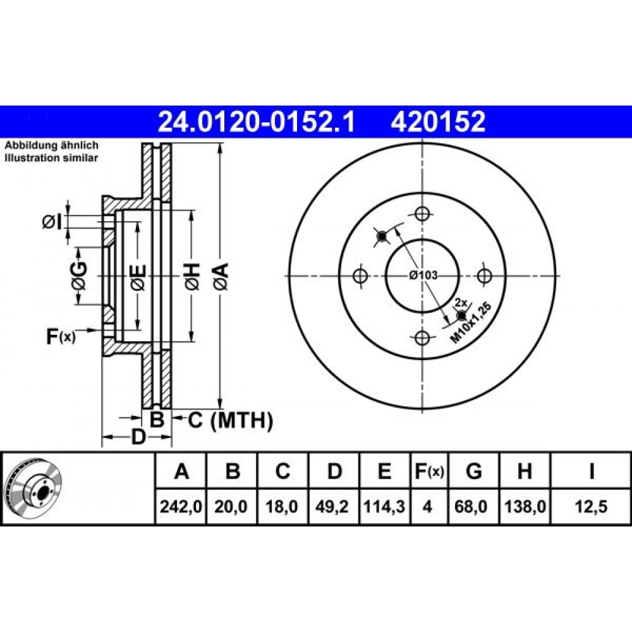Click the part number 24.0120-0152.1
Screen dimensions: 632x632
click(x=257, y=122)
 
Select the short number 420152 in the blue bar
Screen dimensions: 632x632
click(x=438, y=122)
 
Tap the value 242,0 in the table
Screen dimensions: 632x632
click(x=181, y=506)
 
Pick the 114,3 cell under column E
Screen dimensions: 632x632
click(x=384, y=506)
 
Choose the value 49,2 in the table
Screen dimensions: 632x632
click(x=332, y=506)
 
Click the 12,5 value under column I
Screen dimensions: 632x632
click(x=591, y=506)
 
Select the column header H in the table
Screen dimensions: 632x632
click(x=525, y=471)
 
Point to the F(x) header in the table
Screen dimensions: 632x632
click(x=429, y=471)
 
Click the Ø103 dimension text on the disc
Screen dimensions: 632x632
click(x=423, y=276)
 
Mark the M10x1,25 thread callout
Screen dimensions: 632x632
click(x=471, y=322)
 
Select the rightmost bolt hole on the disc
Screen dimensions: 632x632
click(x=484, y=276)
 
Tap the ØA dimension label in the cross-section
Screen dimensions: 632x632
click(x=221, y=276)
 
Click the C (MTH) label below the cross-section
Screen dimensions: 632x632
click(x=230, y=420)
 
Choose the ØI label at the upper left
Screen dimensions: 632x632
click(x=52, y=221)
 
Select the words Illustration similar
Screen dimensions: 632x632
click(x=51, y=157)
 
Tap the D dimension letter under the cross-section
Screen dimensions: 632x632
click(x=138, y=437)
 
